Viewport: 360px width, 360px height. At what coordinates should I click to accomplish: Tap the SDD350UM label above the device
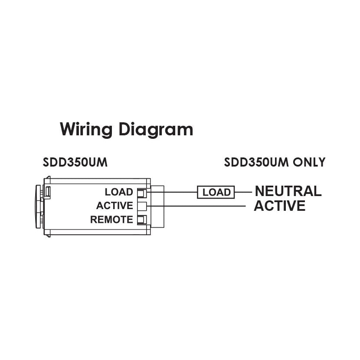point(75,163)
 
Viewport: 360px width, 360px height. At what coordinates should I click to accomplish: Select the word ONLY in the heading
point(309,163)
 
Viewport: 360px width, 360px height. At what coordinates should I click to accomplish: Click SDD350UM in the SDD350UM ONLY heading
point(258,163)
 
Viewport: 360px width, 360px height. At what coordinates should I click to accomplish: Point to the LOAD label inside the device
point(119,192)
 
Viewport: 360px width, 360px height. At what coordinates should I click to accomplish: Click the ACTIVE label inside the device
point(115,206)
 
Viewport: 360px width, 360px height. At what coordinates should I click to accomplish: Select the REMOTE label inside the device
point(111,219)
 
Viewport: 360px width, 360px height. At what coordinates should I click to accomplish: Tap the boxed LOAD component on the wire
point(216,192)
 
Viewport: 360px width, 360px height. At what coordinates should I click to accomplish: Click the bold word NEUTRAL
point(288,191)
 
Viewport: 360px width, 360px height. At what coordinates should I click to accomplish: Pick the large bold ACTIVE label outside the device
point(279,206)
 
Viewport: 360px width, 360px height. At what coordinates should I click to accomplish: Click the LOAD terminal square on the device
point(141,192)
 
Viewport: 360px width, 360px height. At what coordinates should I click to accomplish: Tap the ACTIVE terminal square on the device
point(141,206)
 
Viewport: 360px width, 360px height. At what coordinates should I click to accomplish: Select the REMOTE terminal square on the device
point(141,219)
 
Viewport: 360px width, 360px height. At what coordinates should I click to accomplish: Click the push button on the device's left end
point(38,206)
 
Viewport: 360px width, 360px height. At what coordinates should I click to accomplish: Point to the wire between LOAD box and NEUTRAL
point(243,192)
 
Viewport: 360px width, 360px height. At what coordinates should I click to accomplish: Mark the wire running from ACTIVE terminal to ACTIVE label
point(200,206)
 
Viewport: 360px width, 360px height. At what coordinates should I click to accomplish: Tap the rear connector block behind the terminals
point(157,206)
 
